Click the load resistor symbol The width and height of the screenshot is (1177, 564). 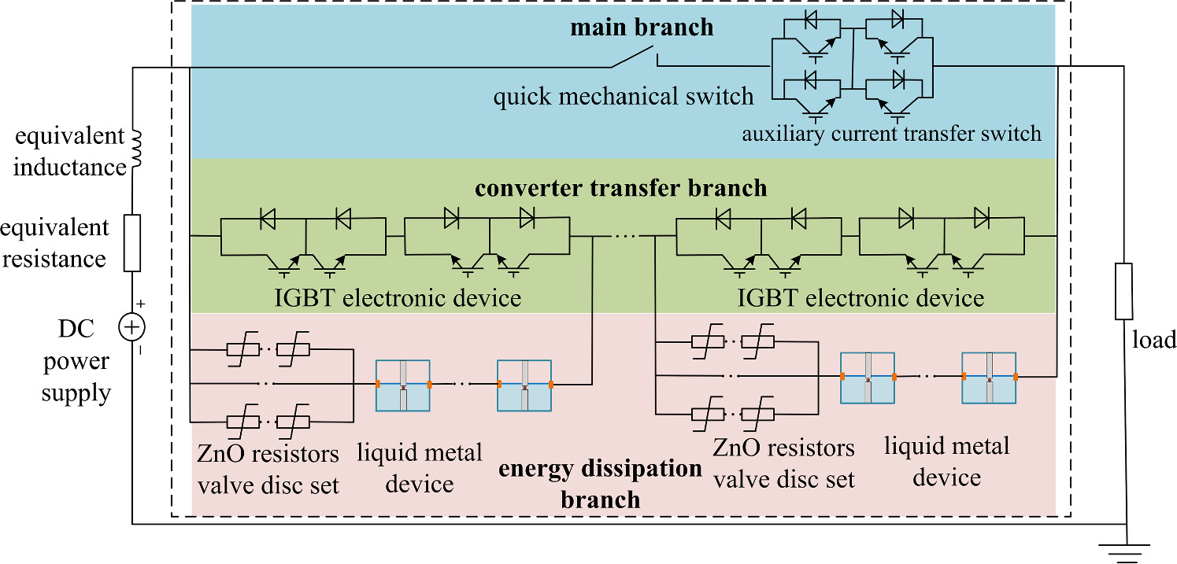[1124, 291]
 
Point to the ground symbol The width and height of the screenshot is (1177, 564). [1127, 551]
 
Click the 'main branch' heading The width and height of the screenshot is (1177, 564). [642, 28]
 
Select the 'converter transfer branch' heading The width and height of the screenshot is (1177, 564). [620, 189]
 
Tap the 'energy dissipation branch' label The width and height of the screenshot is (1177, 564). [601, 484]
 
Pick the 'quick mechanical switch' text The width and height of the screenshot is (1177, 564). [624, 97]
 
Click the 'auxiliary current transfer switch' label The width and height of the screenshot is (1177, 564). [891, 133]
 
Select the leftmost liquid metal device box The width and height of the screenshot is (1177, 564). [403, 385]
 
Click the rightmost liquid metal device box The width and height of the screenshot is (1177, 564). [990, 378]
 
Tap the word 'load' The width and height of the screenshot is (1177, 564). [1153, 340]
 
